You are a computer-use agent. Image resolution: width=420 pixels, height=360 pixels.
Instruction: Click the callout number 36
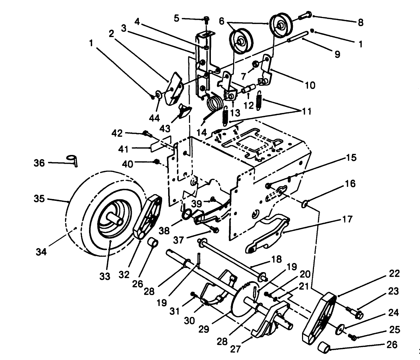pyautogui.click(x=39, y=163)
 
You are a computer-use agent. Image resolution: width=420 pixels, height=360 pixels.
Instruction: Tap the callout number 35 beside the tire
pyautogui.click(x=40, y=199)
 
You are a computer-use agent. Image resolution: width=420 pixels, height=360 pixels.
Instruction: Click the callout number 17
pyautogui.click(x=347, y=220)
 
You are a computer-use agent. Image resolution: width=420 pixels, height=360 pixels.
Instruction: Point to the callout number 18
pyautogui.click(x=276, y=260)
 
